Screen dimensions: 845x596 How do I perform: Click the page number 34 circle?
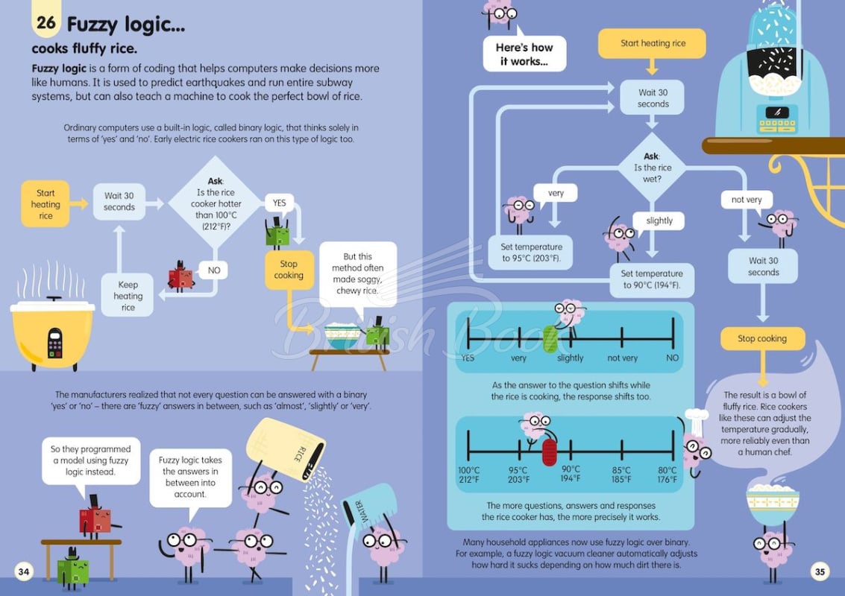point(24,571)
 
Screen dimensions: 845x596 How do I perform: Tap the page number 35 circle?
point(820,571)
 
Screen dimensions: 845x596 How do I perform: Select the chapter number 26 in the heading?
point(45,22)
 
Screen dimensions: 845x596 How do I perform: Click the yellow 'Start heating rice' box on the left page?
point(45,204)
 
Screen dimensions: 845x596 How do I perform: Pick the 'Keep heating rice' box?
point(128,296)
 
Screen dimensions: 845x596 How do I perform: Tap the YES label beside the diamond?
point(279,203)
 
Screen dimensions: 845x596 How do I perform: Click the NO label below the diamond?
point(213,270)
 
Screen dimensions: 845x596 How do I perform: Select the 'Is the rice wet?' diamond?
point(652,168)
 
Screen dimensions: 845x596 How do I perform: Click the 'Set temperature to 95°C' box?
point(531,253)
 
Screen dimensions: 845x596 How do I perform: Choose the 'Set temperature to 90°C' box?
point(652,279)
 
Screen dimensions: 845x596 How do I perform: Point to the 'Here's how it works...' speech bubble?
point(524,54)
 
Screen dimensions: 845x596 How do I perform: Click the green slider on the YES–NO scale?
point(550,339)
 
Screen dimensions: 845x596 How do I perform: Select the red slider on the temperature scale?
point(549,452)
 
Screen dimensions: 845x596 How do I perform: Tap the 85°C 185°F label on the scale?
point(621,475)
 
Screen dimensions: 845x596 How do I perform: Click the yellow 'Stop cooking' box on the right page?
point(762,339)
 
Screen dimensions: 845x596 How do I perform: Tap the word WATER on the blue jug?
point(361,512)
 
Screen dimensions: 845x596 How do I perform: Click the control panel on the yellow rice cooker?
point(54,343)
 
